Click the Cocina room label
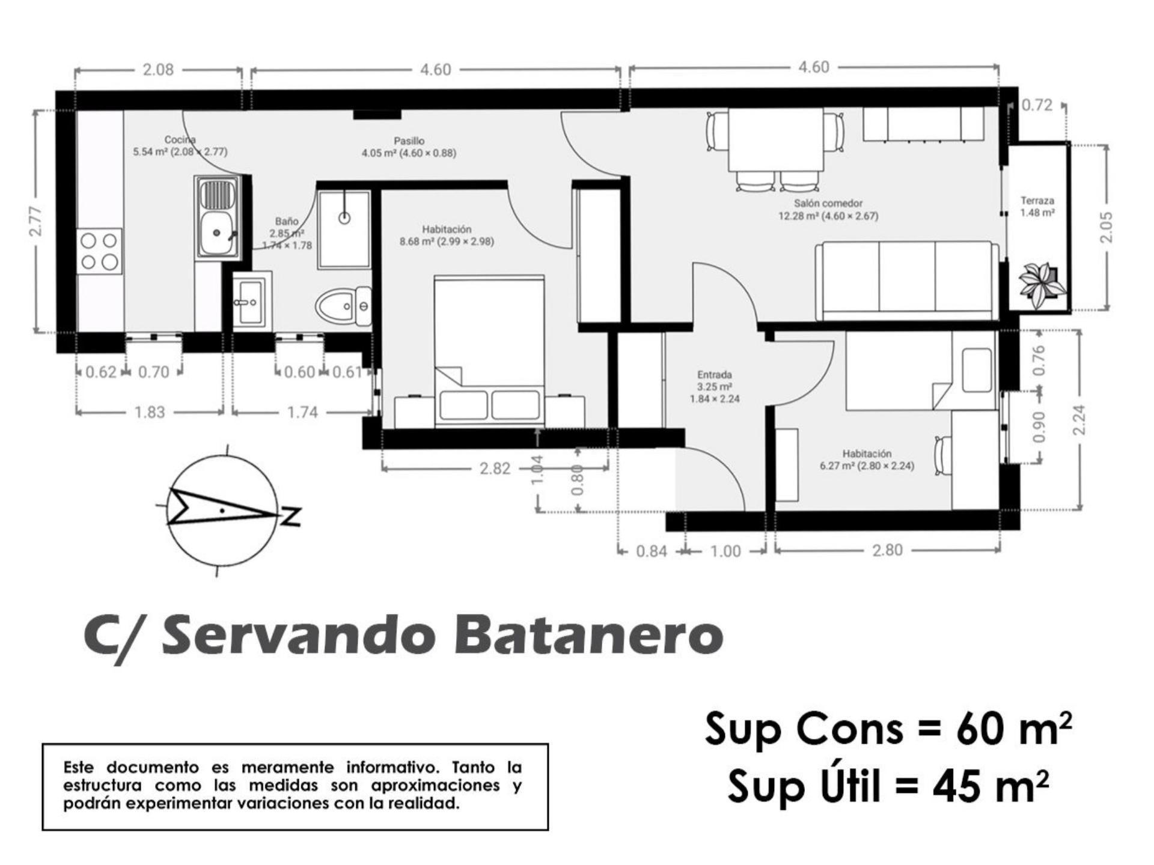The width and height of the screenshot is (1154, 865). pyautogui.click(x=180, y=139)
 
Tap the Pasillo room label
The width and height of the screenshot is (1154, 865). pyautogui.click(x=409, y=141)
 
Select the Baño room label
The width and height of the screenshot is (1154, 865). pyautogui.click(x=287, y=222)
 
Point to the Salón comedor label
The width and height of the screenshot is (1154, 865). pyautogui.click(x=828, y=204)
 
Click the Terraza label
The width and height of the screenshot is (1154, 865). pyautogui.click(x=1037, y=201)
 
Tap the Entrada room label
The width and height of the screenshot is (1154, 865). pyautogui.click(x=714, y=375)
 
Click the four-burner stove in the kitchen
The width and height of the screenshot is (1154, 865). pyautogui.click(x=99, y=251)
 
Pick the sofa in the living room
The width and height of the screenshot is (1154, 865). pyautogui.click(x=906, y=280)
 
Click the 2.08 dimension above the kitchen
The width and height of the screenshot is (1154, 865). pyautogui.click(x=158, y=70)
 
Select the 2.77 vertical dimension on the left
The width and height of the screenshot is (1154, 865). pyautogui.click(x=36, y=220)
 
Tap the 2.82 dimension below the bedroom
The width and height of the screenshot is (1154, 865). pyautogui.click(x=495, y=468)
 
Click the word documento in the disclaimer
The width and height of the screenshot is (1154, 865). pyautogui.click(x=153, y=767)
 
